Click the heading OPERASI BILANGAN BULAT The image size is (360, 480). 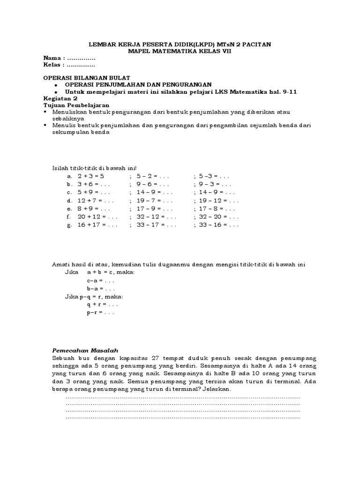pyautogui.click(x=87, y=77)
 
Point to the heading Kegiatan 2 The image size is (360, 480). pyautogui.click(x=60, y=99)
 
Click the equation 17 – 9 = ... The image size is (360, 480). pyautogui.click(x=155, y=209)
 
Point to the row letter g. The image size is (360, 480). pyautogui.click(x=69, y=225)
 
